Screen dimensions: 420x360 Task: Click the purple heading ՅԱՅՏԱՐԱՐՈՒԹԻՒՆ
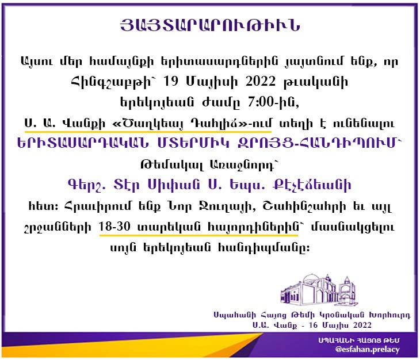(210, 25)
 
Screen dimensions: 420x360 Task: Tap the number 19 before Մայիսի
(170, 81)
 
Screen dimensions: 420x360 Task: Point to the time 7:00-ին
(273, 102)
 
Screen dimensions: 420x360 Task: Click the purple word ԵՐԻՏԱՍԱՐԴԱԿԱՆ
(83, 143)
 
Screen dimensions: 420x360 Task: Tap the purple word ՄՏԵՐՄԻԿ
(193, 143)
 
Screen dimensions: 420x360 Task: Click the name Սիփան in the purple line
(174, 185)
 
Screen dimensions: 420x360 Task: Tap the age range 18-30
(114, 227)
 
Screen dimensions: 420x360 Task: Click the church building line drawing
(319, 289)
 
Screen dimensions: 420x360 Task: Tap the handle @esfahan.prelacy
(367, 350)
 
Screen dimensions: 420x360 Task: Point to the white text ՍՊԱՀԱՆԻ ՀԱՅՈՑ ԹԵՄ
(359, 340)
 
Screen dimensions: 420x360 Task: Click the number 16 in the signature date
(313, 325)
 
